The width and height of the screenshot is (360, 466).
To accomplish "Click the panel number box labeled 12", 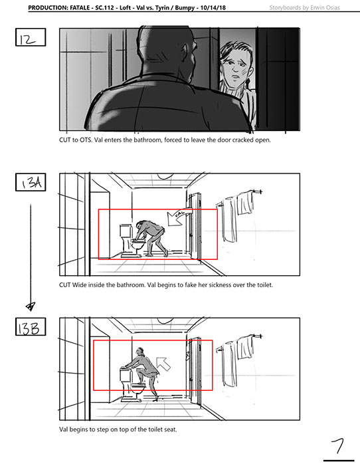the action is [x=31, y=37].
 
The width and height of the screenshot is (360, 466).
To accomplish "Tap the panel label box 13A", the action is [x=31, y=182].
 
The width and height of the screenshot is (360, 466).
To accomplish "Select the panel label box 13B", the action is [x=31, y=326].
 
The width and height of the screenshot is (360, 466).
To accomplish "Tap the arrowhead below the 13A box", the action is [x=31, y=306].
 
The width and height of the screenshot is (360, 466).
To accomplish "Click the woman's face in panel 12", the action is [x=236, y=66].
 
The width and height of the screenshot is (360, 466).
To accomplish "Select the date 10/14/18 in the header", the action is [x=213, y=8].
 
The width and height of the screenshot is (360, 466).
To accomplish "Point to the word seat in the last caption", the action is [x=171, y=429].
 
